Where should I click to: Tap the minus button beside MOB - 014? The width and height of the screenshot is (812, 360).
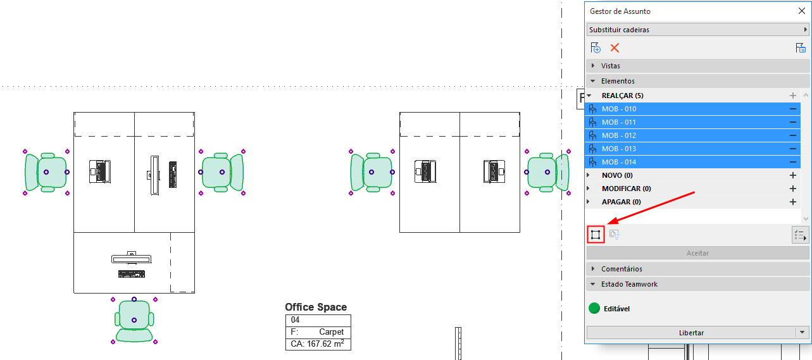[793, 162]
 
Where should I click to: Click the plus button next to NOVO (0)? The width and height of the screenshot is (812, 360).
[793, 175]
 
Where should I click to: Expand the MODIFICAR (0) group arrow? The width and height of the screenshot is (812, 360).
[589, 189]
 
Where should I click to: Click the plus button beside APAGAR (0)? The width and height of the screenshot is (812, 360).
[793, 202]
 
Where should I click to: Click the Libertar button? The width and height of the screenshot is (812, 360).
[691, 332]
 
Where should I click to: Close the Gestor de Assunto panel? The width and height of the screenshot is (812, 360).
[801, 11]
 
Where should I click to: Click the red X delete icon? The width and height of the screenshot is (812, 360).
[615, 48]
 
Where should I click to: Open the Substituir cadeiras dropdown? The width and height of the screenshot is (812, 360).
[697, 29]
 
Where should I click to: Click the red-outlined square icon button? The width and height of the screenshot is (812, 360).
[596, 235]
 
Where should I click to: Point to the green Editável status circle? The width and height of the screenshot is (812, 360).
[594, 308]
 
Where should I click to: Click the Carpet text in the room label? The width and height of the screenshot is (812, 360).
[332, 332]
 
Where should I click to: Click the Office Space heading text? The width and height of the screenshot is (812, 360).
[316, 307]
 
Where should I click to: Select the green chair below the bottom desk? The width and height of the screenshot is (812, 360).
[134, 321]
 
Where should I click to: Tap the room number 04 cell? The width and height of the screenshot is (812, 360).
[295, 320]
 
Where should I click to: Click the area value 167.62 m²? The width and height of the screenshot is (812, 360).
[325, 344]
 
